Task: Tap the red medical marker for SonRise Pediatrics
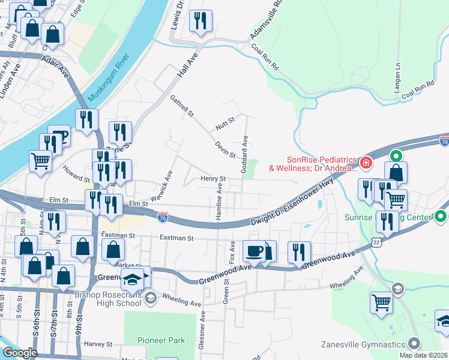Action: pos(365,163)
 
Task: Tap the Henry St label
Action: pos(212,179)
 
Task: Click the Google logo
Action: pos(20,352)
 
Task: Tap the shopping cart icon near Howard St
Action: pos(40,160)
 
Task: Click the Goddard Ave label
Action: pos(245,155)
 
